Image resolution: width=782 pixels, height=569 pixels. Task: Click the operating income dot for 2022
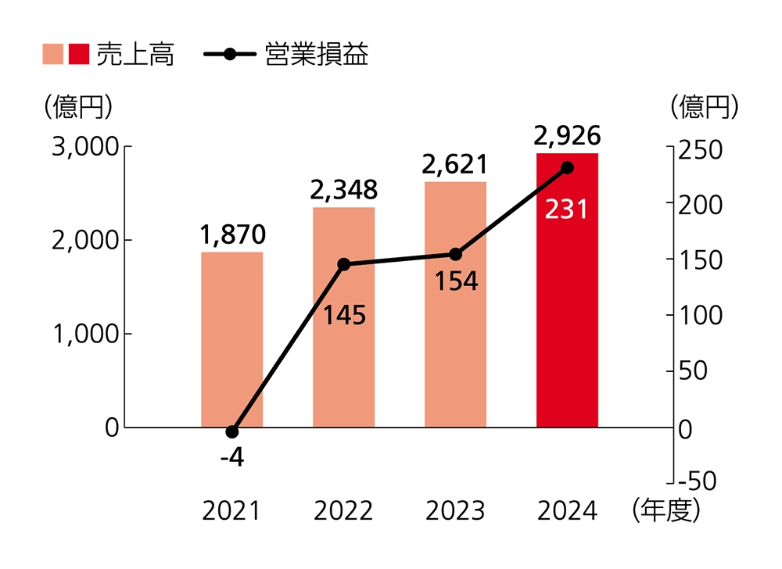[x=343, y=264]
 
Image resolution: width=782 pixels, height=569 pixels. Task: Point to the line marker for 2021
[x=231, y=432]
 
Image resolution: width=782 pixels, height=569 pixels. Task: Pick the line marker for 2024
[x=568, y=168]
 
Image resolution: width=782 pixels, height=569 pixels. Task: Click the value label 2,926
[x=567, y=135]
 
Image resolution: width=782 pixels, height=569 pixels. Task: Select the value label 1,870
[x=232, y=234]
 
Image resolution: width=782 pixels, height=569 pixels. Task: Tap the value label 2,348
[x=343, y=189]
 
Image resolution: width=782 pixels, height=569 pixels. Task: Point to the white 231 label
[x=567, y=210]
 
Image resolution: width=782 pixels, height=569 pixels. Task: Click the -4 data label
[x=231, y=457]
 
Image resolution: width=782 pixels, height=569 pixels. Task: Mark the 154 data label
[x=456, y=281]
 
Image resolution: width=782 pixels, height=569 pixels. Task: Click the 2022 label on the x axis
[x=343, y=511]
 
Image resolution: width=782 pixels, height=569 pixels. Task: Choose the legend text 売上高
[x=135, y=55]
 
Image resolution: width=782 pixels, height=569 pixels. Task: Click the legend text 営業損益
[x=317, y=55]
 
